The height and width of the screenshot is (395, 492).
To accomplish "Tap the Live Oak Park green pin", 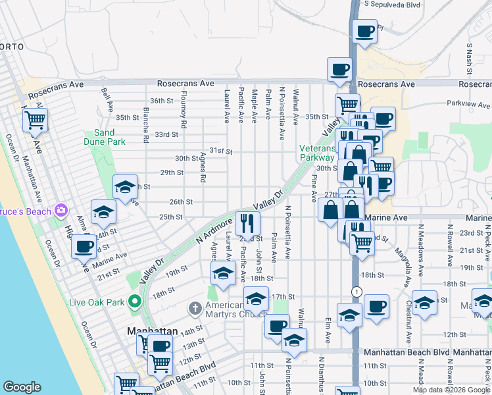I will pyautogui.click(x=135, y=302).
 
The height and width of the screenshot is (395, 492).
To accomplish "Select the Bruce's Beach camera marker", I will pyautogui.click(x=61, y=211).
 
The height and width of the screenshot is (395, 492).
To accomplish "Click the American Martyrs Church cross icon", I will pyautogui.click(x=195, y=307).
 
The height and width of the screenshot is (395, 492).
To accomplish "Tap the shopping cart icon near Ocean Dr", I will pyautogui.click(x=35, y=120).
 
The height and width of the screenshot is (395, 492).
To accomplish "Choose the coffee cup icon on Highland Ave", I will pyautogui.click(x=83, y=246).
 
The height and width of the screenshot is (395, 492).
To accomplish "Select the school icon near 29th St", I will pyautogui.click(x=124, y=187).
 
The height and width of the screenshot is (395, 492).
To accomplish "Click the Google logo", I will pyautogui.click(x=22, y=387).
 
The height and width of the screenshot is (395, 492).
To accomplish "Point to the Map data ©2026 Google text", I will pyautogui.click(x=451, y=390).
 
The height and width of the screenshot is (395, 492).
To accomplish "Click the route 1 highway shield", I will pyautogui.click(x=355, y=292).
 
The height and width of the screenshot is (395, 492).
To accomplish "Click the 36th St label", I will pyautogui.click(x=161, y=101).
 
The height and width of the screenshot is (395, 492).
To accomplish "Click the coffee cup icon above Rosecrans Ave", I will pyautogui.click(x=340, y=70).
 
